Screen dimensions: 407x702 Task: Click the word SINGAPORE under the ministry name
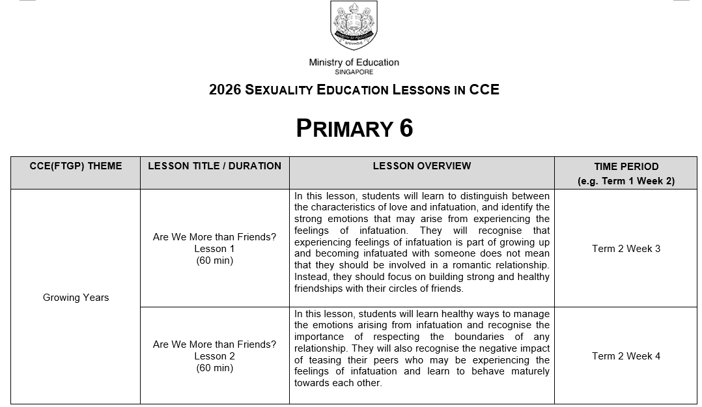pos(354,72)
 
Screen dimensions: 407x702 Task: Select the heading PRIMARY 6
pos(354,128)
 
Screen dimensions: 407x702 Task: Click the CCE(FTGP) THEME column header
pos(76,166)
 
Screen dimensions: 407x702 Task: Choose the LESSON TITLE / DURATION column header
pos(214,166)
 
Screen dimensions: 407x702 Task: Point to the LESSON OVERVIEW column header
pos(421,166)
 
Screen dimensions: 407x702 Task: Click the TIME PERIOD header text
pos(626,167)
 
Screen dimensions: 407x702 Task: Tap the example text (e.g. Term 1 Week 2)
pos(626,181)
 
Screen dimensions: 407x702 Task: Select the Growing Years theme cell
pos(76,298)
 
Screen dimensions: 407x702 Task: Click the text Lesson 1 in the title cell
pos(214,249)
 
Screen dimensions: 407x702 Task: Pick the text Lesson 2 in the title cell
pos(214,356)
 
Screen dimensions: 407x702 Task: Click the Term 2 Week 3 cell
pos(626,249)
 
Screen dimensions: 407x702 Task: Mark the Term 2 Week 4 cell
pos(626,356)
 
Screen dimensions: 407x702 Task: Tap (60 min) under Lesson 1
pos(214,260)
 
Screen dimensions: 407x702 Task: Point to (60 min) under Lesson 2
pos(214,368)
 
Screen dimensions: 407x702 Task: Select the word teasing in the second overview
pos(330,360)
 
